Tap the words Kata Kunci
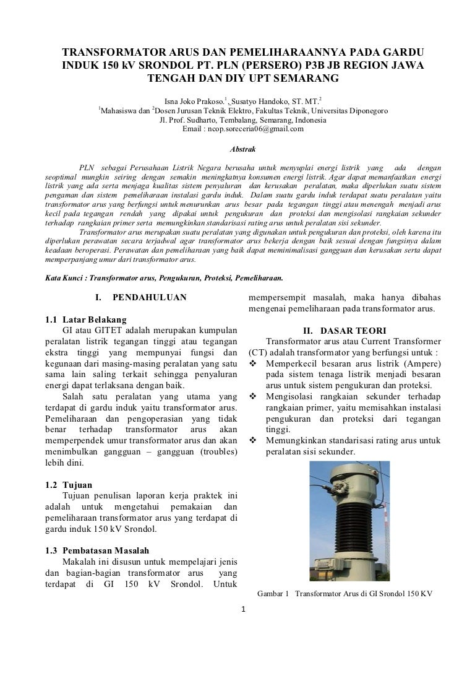[62, 277]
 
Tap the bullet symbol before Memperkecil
[253, 364]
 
